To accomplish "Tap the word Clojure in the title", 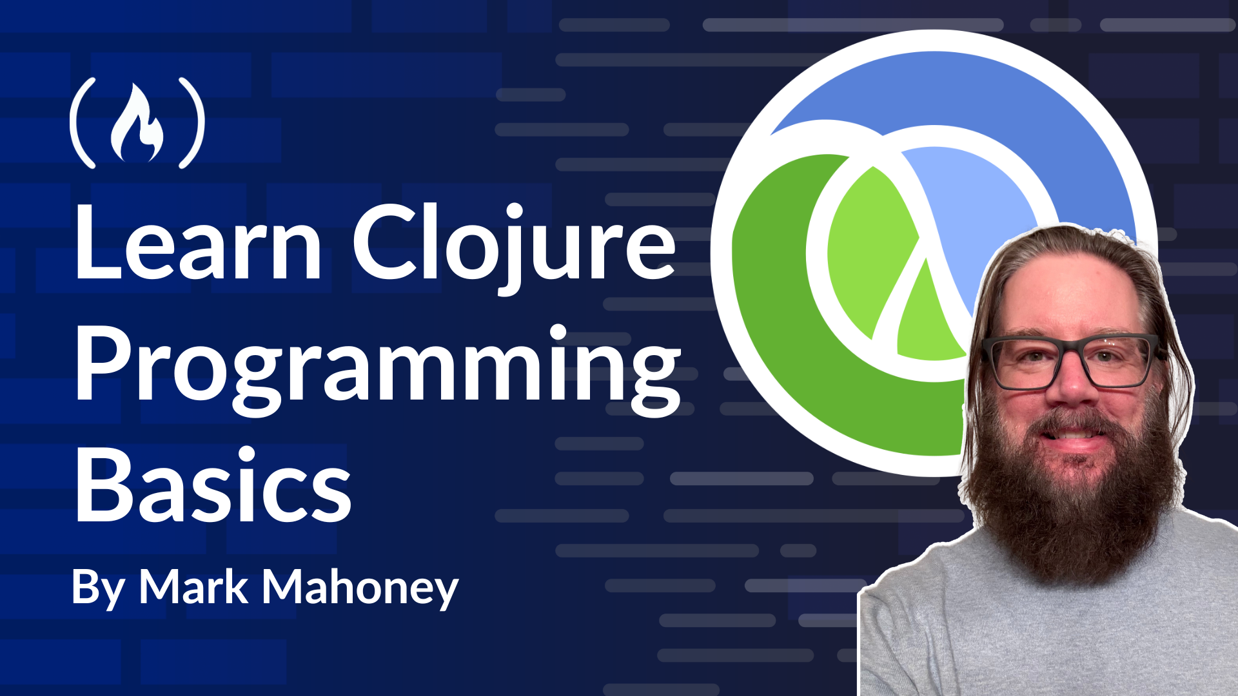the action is [514, 248].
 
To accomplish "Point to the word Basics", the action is [213, 485].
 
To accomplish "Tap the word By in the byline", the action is [98, 589].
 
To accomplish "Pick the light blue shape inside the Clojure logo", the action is [980, 213].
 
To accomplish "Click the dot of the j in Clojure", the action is [514, 211].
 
